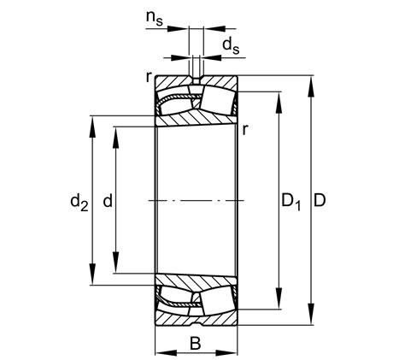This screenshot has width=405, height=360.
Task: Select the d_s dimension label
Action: click(230, 44)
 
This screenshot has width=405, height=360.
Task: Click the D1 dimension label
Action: click(291, 203)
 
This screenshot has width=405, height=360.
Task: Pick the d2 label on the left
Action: click(79, 203)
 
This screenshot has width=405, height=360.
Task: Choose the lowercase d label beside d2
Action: click(107, 202)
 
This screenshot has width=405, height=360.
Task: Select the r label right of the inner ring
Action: click(245, 129)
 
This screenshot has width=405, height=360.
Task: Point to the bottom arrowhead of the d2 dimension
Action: click(93, 278)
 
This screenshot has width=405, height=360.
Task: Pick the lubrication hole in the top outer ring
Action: click(195, 81)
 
